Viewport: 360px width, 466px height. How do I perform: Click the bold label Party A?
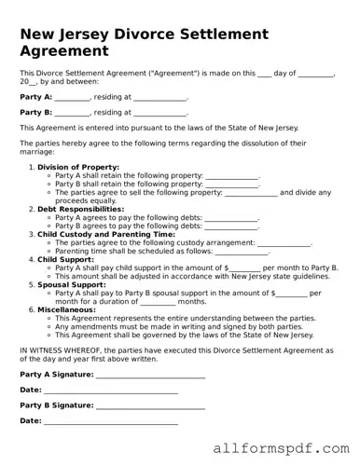click(35, 97)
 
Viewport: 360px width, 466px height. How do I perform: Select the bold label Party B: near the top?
click(35, 112)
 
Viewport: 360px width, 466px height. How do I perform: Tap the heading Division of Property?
click(78, 167)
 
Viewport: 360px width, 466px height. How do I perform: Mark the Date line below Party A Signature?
click(111, 390)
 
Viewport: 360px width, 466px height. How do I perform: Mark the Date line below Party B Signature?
click(111, 421)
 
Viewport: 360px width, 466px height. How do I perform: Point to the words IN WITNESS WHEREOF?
click(62, 349)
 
